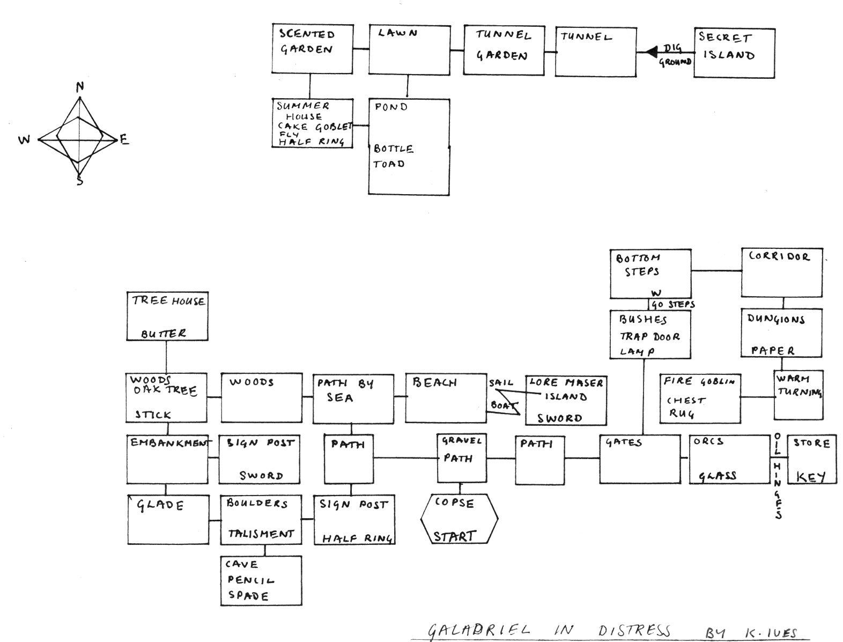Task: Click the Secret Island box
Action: coord(734,53)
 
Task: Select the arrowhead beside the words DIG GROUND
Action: coord(652,52)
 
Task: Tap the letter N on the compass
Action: coord(80,87)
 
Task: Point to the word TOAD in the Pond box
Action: coord(389,164)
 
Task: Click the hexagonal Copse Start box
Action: coord(459,519)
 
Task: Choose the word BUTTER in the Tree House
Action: coord(164,334)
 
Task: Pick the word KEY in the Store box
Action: coord(811,477)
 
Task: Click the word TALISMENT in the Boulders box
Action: coord(261,534)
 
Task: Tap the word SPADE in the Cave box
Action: coord(248,595)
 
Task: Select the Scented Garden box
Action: coord(312,49)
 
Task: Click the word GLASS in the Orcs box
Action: coord(718,476)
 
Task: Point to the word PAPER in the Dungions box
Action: coord(773,351)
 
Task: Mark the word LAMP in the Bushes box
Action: coord(637,352)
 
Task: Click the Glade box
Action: coord(168,519)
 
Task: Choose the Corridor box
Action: coord(781,272)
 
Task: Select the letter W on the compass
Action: coord(25,141)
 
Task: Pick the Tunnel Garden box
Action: coord(503,49)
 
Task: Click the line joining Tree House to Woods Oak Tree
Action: coord(166,357)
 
